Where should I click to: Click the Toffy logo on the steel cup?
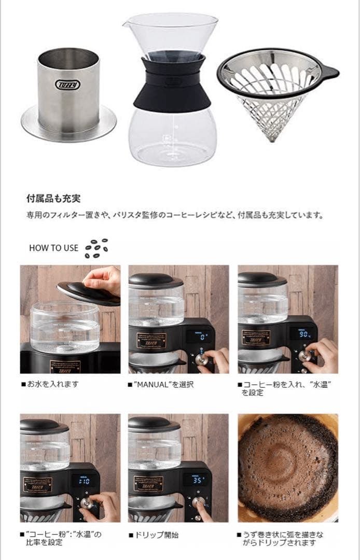click(x=65, y=85)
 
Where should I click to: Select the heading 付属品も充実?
click(x=53, y=198)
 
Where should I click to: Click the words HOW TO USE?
click(x=53, y=248)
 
